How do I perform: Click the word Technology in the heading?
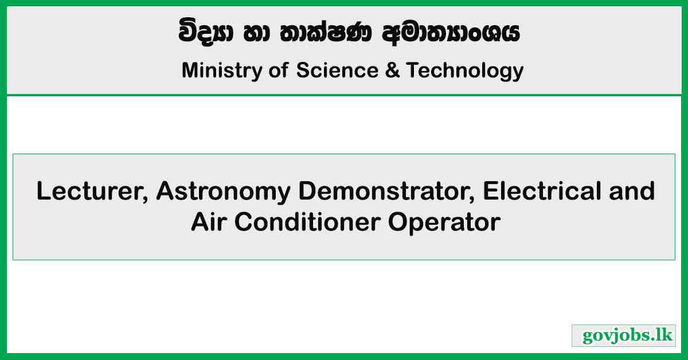(465, 71)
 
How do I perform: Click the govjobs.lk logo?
(623, 335)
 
